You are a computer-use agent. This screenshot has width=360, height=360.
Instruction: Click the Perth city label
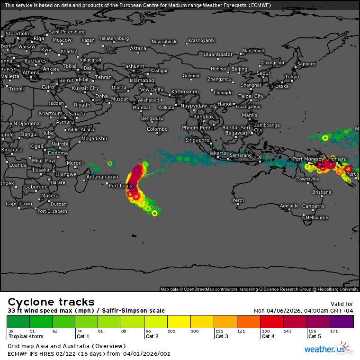point(238,200)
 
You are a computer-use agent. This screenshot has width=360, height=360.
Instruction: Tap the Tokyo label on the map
point(292,77)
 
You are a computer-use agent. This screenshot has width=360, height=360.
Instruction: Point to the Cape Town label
point(18,204)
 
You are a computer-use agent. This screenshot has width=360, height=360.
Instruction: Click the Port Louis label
point(120,186)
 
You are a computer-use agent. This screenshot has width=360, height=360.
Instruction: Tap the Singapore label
point(197,140)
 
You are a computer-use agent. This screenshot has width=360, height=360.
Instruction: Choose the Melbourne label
point(316,218)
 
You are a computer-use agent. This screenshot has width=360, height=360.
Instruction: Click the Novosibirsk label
point(164,42)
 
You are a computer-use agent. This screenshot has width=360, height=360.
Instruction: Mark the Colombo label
point(157,129)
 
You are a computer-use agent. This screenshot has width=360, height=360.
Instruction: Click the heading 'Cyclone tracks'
point(51,302)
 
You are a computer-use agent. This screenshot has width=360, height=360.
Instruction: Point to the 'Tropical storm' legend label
point(26,336)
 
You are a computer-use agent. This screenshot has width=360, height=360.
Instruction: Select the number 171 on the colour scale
point(334,331)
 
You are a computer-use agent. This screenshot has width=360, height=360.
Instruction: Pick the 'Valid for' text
point(342,304)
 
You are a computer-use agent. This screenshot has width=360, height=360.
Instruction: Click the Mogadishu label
point(94,139)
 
